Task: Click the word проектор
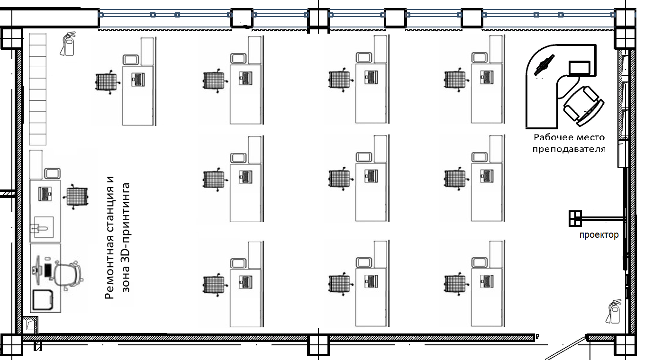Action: (x=599, y=235)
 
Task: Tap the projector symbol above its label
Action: (x=575, y=218)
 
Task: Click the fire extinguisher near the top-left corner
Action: (x=68, y=44)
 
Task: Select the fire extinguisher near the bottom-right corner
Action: (x=614, y=312)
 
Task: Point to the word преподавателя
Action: (x=569, y=149)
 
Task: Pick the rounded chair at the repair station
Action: (x=69, y=275)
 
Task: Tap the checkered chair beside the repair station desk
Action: (x=75, y=197)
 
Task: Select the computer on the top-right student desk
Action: (x=487, y=77)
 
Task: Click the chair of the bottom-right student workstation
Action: (x=456, y=284)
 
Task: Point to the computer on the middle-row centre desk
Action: (x=371, y=176)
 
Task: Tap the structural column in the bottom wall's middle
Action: (x=318, y=345)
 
